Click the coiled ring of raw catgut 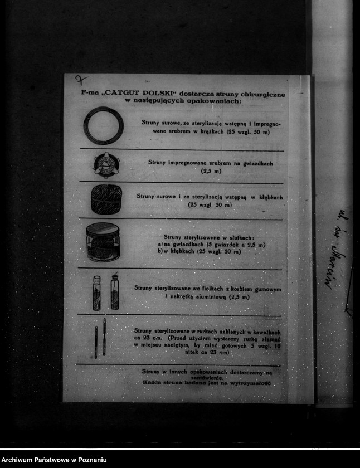tap(103, 126)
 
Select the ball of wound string tap(106, 199)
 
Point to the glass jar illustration tap(103, 243)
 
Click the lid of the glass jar tap(103, 228)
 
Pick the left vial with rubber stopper tap(97, 293)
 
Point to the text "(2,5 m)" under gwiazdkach tap(211, 171)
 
